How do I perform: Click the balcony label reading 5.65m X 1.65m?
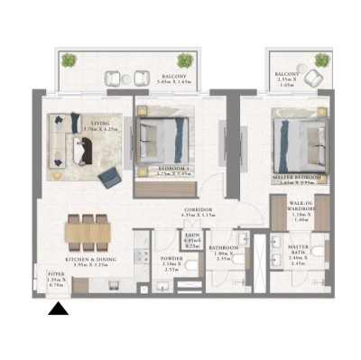click(173, 78)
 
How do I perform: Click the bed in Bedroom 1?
click(164, 138)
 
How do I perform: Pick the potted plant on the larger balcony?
click(69, 62)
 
